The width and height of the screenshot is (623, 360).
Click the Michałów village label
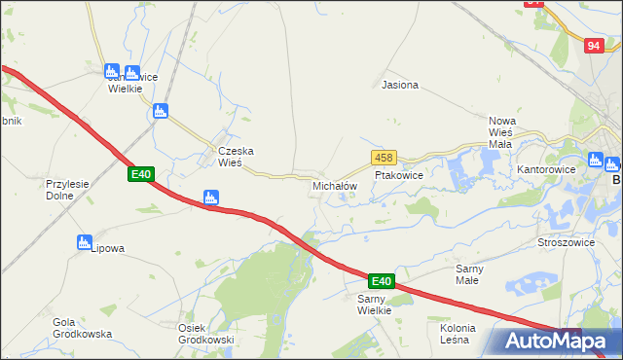tap(335, 185)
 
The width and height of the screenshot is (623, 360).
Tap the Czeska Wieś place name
tap(236, 157)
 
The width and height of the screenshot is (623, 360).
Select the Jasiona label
tap(400, 85)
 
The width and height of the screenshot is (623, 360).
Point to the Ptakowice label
tap(398, 175)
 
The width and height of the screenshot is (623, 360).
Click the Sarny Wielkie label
tap(374, 305)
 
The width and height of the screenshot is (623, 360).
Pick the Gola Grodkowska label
tap(83, 328)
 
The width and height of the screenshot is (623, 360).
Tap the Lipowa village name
tap(107, 248)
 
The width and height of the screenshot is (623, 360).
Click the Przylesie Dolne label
tap(67, 189)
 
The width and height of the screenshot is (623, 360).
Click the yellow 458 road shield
tap(383, 158)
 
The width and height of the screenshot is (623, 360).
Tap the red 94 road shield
tap(595, 45)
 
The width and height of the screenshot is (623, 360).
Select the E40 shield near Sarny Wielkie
tap(382, 281)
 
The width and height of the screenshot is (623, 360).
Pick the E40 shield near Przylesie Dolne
tap(141, 174)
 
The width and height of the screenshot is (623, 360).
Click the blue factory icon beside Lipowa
tap(84, 242)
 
